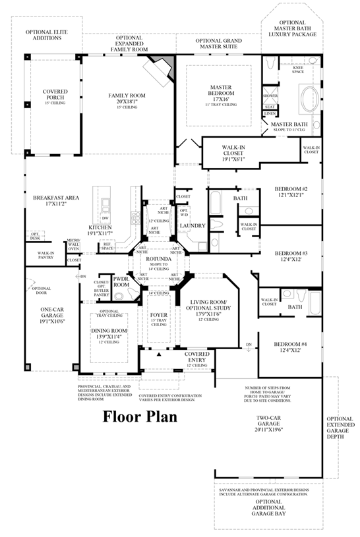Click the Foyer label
point(159,316)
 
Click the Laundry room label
point(196,226)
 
